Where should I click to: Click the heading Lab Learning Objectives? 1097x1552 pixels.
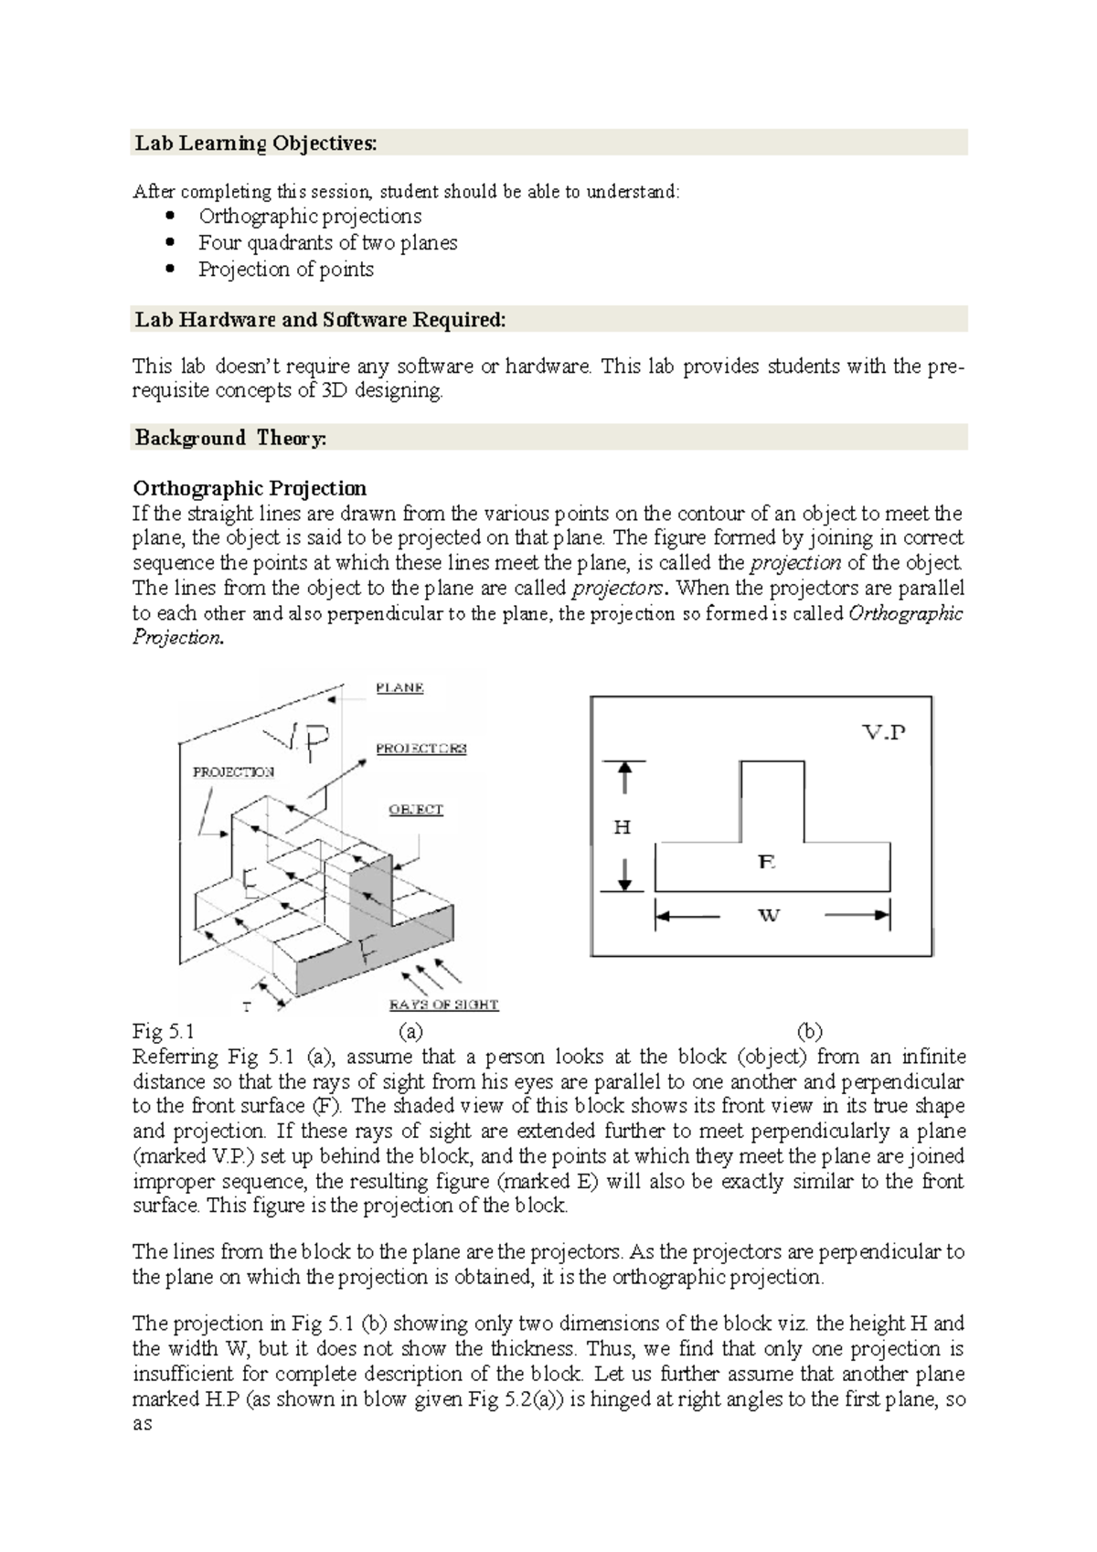pos(255,144)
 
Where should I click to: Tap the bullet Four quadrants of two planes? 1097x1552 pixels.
pos(327,243)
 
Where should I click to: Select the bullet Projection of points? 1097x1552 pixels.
pos(285,270)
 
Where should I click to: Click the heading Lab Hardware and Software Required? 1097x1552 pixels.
pos(320,320)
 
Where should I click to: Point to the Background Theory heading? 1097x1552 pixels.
pos(230,438)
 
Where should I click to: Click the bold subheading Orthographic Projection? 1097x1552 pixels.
pos(250,488)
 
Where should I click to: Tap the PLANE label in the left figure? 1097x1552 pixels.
pos(399,688)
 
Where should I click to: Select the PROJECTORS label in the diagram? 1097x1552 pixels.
pos(421,749)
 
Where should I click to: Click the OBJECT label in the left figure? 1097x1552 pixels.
pos(416,810)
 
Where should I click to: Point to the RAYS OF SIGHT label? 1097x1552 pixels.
pos(443,1005)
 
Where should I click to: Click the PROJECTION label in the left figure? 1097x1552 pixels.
pos(233,772)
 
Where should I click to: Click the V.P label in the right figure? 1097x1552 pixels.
pos(884,732)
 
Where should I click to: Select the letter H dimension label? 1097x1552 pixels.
pos(623,828)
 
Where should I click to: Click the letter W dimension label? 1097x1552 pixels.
pos(769,915)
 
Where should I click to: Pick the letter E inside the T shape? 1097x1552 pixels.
pos(767,861)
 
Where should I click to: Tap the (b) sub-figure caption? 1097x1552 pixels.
pos(809,1032)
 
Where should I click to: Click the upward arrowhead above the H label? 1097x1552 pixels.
pos(624,773)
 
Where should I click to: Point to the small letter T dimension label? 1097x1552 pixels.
pos(246,1007)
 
